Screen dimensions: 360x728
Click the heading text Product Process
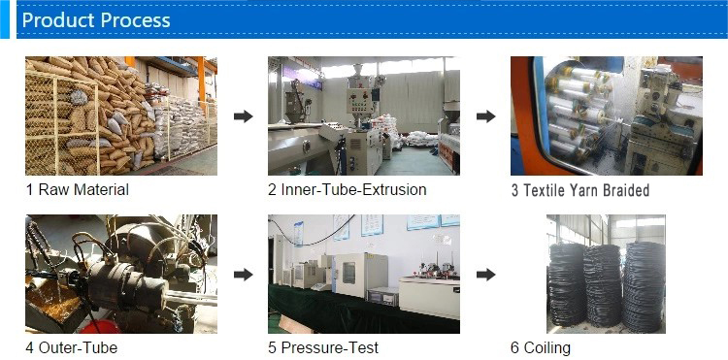(x=96, y=20)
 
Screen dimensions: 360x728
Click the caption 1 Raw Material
(x=78, y=189)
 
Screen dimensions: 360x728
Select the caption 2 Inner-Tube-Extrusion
(x=347, y=189)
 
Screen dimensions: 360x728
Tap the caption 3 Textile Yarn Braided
(x=580, y=190)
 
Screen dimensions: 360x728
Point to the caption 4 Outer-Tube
(x=72, y=347)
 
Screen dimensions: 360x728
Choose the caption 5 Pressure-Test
(x=323, y=347)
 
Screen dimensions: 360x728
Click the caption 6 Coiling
(x=541, y=347)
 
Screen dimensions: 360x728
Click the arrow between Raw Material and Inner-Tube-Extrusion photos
(x=244, y=116)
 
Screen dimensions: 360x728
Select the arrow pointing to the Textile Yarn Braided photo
(x=485, y=116)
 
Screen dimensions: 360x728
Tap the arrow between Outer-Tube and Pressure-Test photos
(x=244, y=275)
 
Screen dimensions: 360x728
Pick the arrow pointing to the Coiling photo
(x=485, y=275)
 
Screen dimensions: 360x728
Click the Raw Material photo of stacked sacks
(x=121, y=115)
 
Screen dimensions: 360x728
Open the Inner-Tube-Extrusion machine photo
(x=363, y=115)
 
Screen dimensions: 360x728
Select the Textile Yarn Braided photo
(x=606, y=115)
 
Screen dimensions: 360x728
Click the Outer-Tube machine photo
(x=121, y=274)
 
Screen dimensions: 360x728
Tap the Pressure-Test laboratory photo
(x=363, y=274)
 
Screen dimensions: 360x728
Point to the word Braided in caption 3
(x=625, y=190)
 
